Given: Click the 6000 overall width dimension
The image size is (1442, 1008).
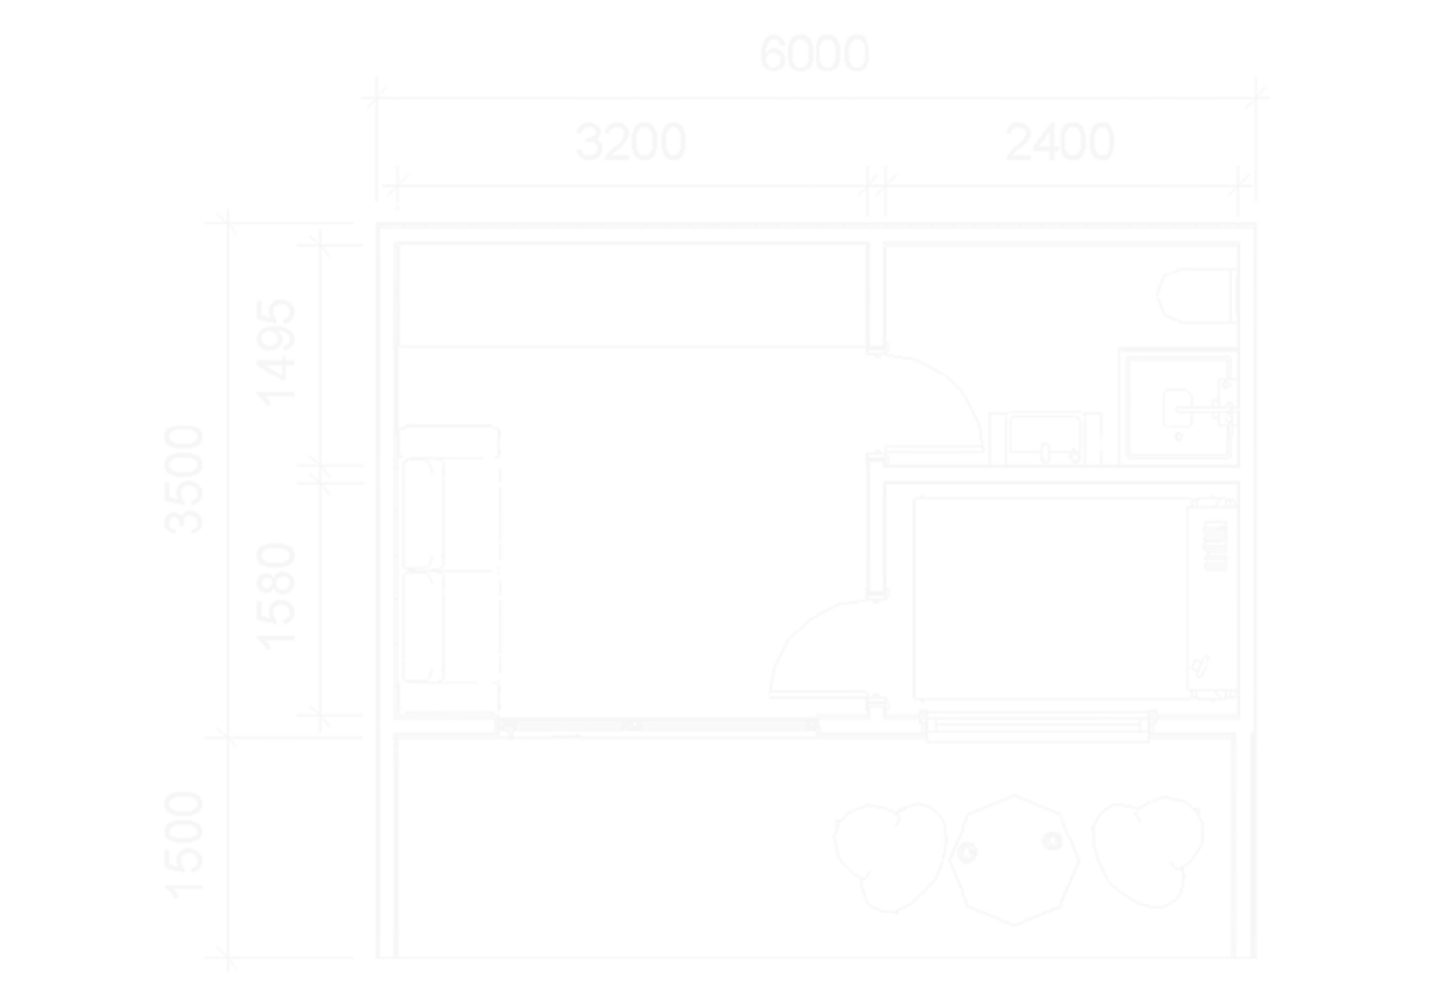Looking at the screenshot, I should click(x=814, y=54).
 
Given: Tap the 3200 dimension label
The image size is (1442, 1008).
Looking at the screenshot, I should click(x=630, y=143).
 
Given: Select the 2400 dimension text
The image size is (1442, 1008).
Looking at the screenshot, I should click(x=1059, y=143).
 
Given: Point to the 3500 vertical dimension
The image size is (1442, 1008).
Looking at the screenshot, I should click(x=184, y=479).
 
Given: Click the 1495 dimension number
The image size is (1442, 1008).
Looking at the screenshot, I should click(x=276, y=353).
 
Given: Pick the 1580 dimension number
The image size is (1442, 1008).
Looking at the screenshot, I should click(x=276, y=596).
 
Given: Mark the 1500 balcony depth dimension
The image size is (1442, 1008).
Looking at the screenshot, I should click(x=184, y=845).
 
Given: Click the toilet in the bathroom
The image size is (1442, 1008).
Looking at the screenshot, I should click(x=1195, y=295).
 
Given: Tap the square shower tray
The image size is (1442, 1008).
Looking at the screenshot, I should click(x=1178, y=407).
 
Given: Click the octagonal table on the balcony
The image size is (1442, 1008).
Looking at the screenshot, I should click(x=1014, y=859).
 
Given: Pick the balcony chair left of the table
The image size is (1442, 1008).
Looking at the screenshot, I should click(x=889, y=856).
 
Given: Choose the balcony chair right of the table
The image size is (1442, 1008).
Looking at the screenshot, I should click(x=1146, y=851).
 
